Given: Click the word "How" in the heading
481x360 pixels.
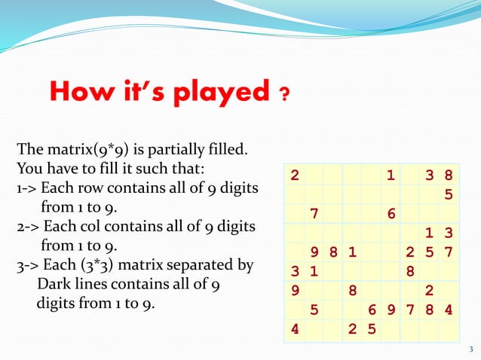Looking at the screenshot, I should pos(79,93).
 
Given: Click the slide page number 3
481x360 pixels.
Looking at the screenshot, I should pos(470,348).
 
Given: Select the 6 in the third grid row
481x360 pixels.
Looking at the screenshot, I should pos(391,214).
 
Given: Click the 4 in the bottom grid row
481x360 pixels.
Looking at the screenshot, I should pos(294,328).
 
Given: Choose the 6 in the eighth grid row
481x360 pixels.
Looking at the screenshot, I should pos(372,310).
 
